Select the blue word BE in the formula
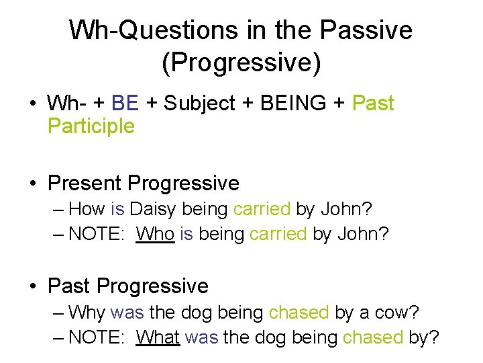tap(125, 104)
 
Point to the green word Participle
tap(91, 126)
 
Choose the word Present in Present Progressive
tap(85, 183)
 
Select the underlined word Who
tap(155, 235)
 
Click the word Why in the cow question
tap(87, 312)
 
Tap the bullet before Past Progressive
tap(33, 286)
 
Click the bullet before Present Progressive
tap(33, 184)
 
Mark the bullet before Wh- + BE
tap(33, 104)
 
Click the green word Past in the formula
tap(373, 104)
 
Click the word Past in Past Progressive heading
tap(70, 286)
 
